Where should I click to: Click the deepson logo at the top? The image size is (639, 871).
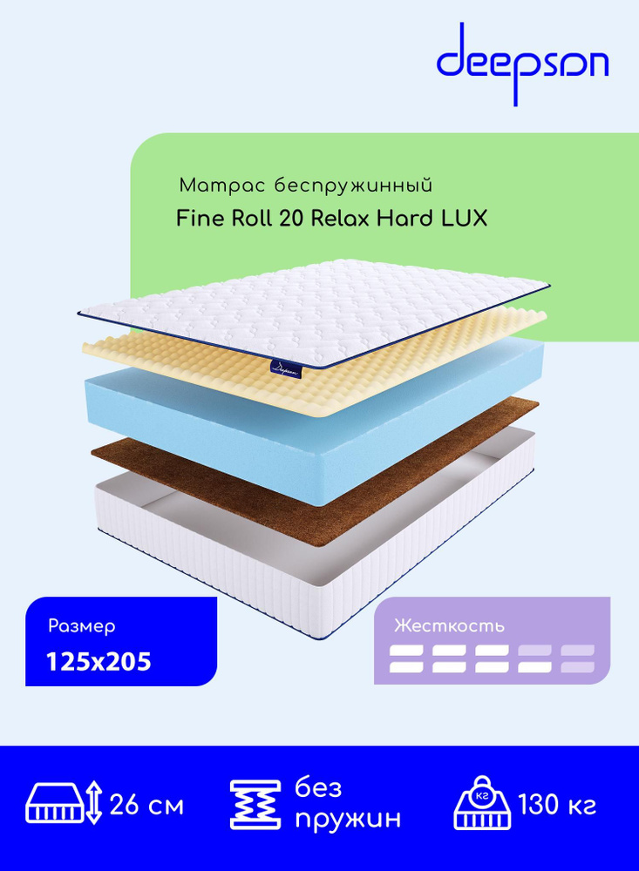522,64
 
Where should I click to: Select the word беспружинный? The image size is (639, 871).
353,186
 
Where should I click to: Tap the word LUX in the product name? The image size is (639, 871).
465,219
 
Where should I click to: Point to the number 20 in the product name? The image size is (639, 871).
291,219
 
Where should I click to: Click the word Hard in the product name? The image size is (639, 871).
405,219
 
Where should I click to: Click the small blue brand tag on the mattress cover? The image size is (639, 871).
287,368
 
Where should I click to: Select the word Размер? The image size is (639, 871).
82,626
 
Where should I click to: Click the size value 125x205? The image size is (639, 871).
99,662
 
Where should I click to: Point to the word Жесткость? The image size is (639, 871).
449,626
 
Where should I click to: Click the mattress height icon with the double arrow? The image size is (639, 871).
65,802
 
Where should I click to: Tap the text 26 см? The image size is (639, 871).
146,804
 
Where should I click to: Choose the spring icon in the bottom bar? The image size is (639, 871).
255,805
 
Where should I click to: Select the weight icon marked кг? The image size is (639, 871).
482,803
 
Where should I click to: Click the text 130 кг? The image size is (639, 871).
557,804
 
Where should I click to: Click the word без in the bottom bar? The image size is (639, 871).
318,787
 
